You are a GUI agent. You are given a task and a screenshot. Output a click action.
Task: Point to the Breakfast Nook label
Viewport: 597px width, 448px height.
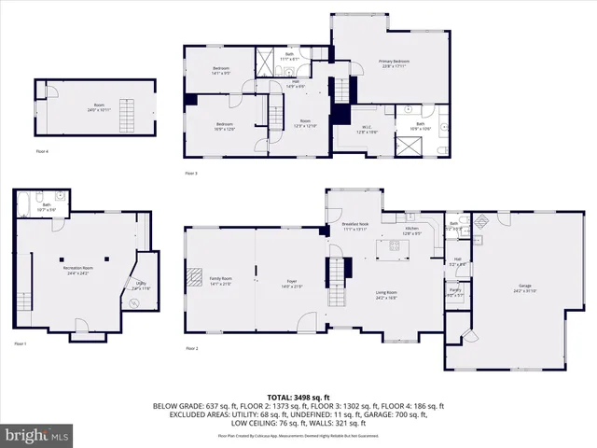(354, 226)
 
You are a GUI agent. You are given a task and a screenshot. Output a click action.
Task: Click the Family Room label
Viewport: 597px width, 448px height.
(220, 281)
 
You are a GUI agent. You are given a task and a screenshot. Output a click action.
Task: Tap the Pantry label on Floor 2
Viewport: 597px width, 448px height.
(455, 291)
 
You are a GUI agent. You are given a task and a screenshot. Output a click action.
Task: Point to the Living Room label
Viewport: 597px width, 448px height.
(386, 295)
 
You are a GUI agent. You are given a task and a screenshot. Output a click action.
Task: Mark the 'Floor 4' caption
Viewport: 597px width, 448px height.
(42, 150)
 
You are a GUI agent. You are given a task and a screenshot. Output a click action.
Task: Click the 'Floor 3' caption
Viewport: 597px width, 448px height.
(190, 174)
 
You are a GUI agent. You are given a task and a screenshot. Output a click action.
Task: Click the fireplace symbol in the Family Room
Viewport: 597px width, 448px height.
(195, 276)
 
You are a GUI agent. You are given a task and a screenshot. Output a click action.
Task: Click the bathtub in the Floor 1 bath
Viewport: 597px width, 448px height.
(60, 198)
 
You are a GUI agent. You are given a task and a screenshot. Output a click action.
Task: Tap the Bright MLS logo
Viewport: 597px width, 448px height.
(37, 435)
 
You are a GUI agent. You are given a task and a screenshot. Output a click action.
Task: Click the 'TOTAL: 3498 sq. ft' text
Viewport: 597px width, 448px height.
(298, 398)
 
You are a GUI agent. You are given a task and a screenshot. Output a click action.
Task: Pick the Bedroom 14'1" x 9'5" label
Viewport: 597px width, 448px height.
(222, 71)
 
